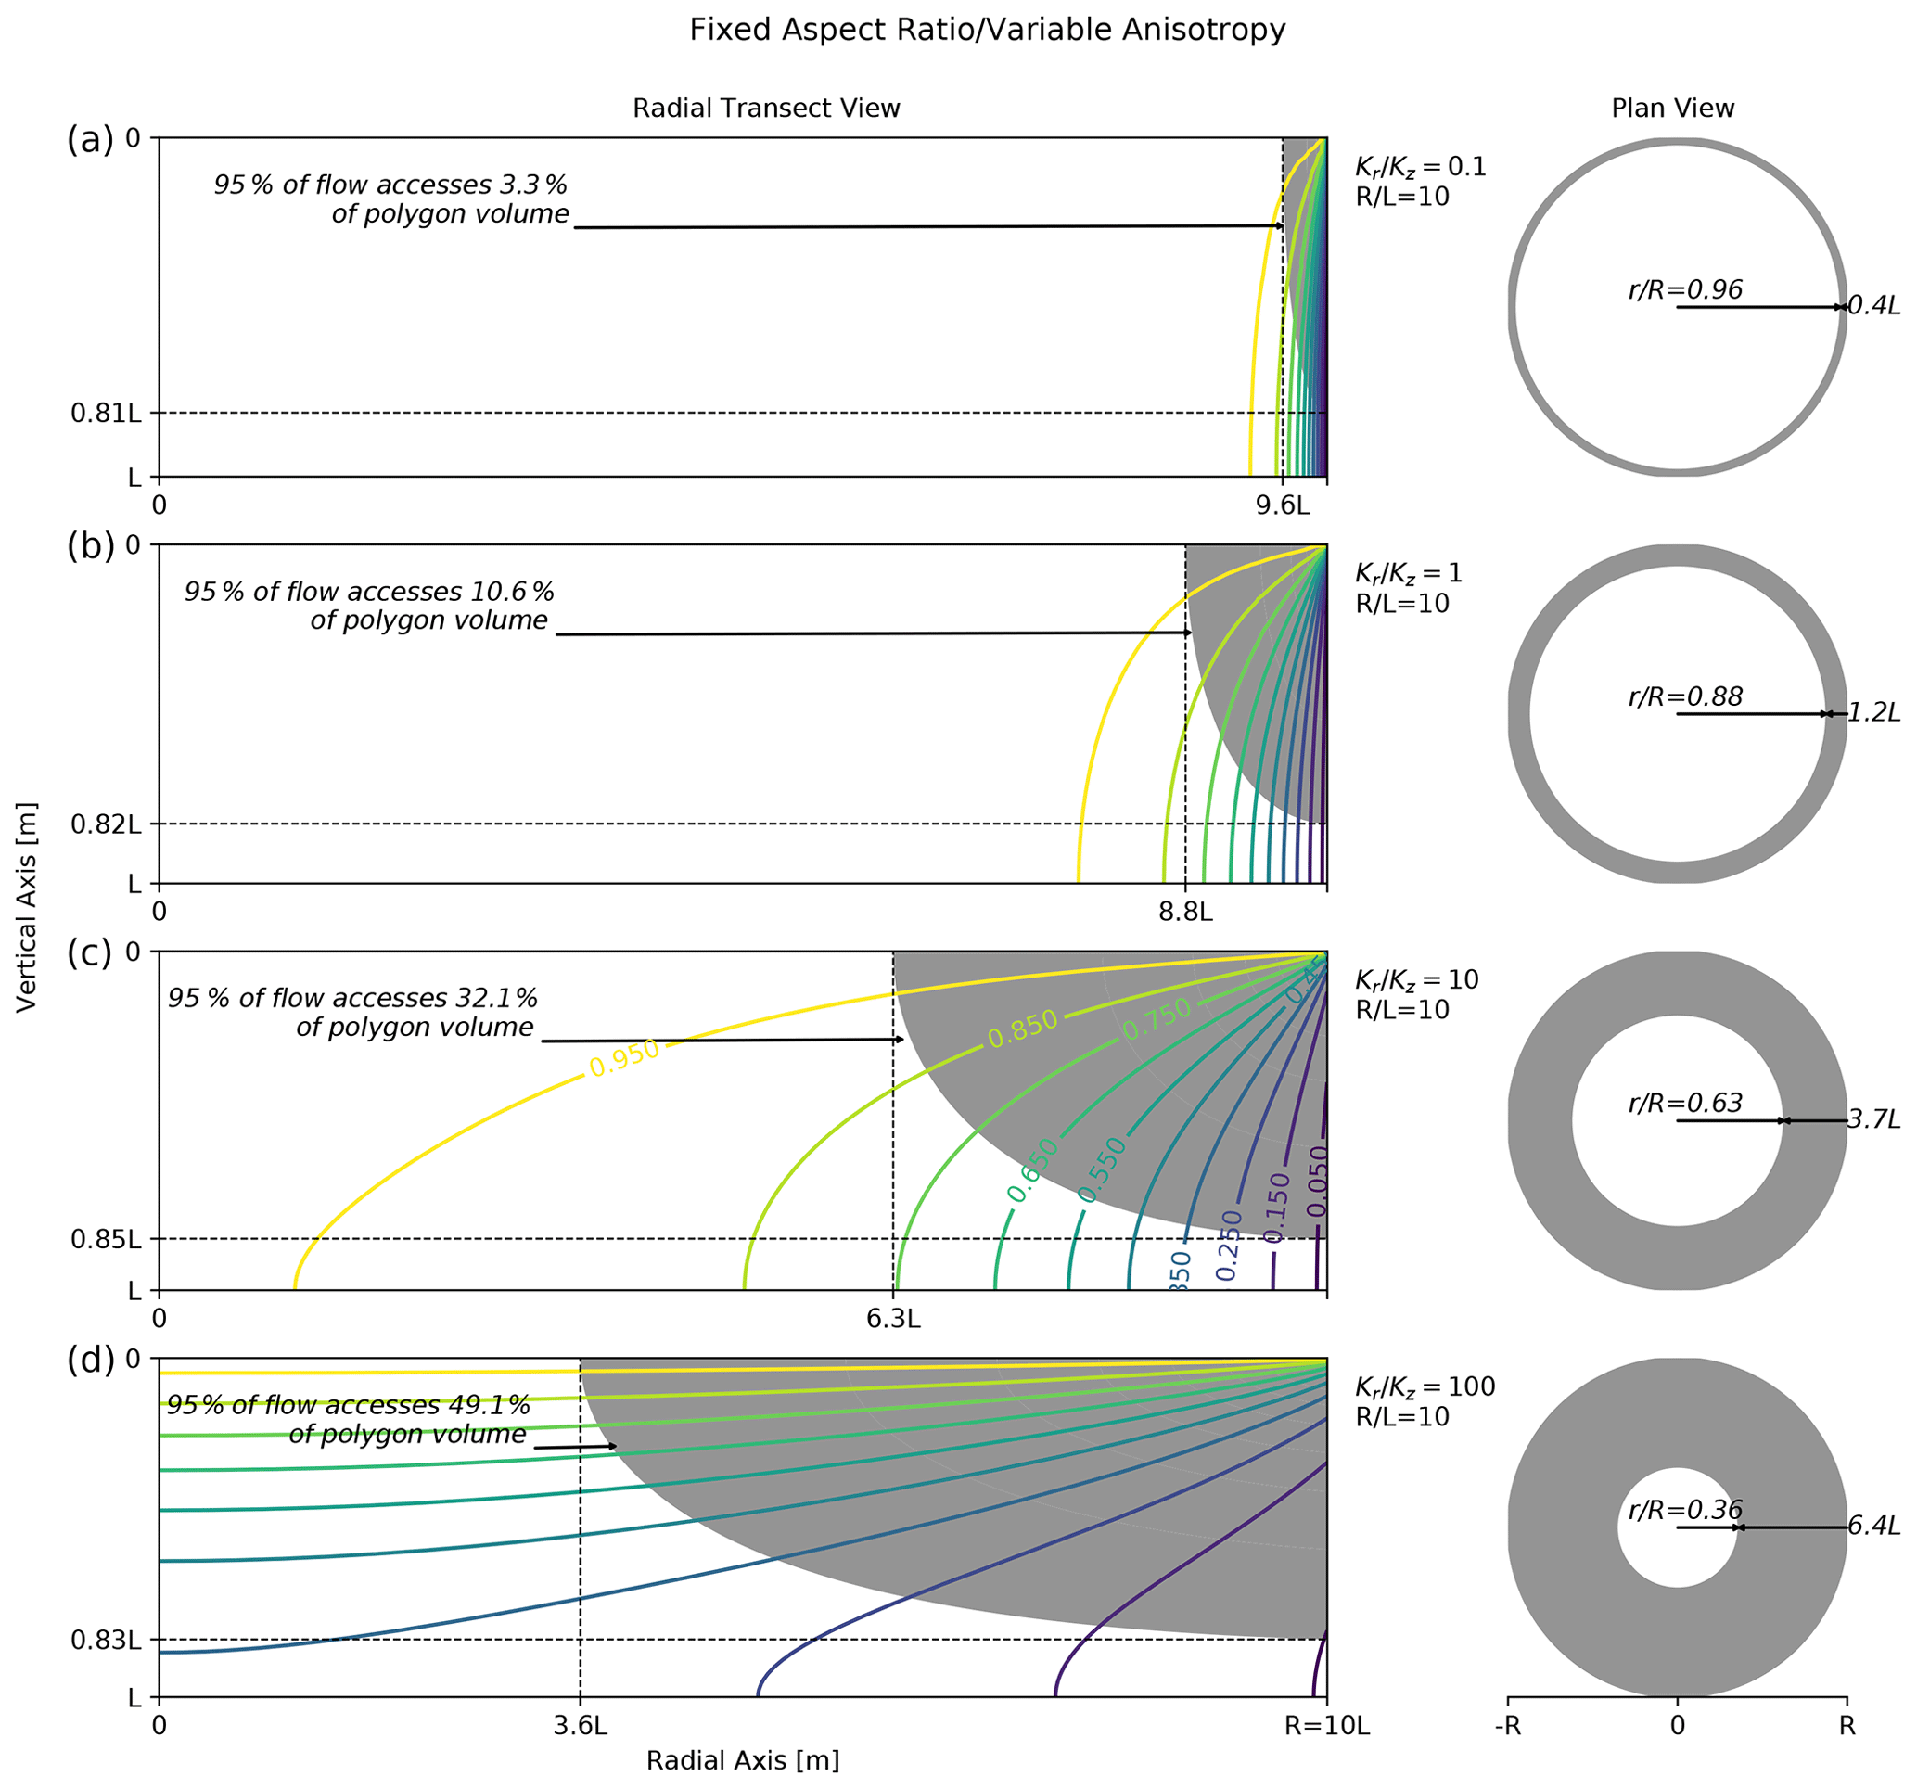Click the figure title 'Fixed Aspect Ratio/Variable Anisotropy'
[x=987, y=30]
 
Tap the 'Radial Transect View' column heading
[x=766, y=108]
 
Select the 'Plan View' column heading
[x=1672, y=108]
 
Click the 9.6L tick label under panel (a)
[x=1282, y=505]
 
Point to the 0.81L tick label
[x=106, y=413]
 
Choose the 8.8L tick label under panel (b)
[x=1185, y=913]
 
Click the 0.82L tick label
[x=106, y=824]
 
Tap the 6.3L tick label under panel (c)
[x=893, y=1320]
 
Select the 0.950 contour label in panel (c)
[x=625, y=1058]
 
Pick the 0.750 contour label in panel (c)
[x=1157, y=1019]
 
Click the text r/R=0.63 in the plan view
[x=1684, y=1103]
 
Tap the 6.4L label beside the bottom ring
[x=1873, y=1527]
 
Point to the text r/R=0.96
[x=1684, y=289]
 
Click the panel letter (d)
[x=91, y=1360]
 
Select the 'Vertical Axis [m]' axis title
[x=26, y=906]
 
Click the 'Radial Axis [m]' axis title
[x=743, y=1760]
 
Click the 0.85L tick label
[x=106, y=1238]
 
